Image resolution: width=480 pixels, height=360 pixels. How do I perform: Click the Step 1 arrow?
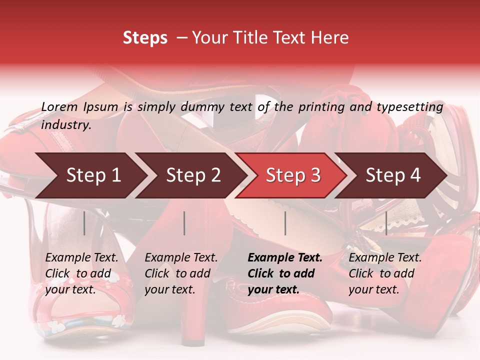90,175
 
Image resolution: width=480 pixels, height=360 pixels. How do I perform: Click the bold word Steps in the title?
145,38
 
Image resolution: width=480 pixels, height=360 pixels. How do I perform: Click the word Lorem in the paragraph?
59,106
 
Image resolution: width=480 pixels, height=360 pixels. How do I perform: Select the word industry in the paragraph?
66,125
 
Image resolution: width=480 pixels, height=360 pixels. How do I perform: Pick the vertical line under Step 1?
84,223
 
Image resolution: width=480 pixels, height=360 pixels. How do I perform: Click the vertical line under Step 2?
184,223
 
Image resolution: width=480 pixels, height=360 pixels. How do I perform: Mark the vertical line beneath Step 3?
285,223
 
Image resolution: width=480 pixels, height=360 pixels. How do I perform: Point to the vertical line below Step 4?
386,223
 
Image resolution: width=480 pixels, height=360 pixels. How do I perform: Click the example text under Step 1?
81,273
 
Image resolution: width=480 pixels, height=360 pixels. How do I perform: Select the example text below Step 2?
181,273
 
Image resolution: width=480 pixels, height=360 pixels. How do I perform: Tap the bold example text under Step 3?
284,273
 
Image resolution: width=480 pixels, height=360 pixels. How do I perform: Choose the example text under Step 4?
385,273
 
